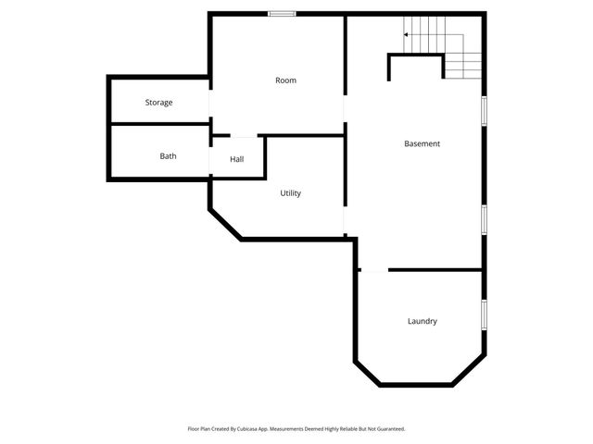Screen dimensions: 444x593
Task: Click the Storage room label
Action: click(158, 103)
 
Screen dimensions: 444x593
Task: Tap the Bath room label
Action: click(168, 156)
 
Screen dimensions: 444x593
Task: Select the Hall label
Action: click(237, 160)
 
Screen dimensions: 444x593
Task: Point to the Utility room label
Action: click(291, 193)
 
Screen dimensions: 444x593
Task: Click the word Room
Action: click(285, 80)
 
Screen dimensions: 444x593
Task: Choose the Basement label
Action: click(422, 143)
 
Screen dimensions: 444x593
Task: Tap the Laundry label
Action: click(422, 321)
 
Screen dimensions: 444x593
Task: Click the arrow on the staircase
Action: click(406, 35)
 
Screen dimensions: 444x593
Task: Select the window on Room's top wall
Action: click(282, 13)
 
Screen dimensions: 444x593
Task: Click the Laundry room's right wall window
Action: click(483, 314)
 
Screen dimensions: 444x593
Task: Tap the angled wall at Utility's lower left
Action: click(225, 224)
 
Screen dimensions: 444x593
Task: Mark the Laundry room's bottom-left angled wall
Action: click(367, 373)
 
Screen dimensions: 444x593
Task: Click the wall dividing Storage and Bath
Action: click(159, 123)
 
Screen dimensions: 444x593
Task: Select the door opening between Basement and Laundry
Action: click(372, 270)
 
